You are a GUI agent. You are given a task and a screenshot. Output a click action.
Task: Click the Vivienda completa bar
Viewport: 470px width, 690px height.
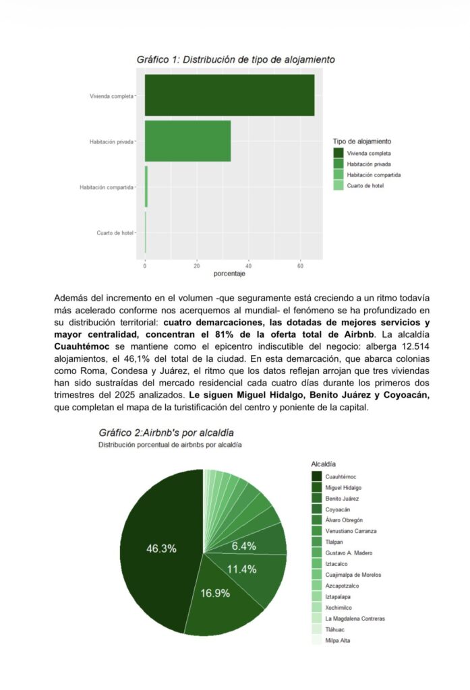229,95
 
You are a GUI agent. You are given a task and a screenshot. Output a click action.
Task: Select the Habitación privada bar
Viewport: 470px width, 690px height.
187,141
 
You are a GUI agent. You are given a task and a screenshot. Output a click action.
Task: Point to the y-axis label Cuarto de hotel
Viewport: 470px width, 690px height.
115,232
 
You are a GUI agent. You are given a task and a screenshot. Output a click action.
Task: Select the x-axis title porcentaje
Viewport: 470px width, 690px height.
229,274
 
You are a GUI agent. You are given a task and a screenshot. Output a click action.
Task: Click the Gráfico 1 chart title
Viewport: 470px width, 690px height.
235,59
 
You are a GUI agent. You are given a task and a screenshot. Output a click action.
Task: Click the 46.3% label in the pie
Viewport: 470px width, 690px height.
161,548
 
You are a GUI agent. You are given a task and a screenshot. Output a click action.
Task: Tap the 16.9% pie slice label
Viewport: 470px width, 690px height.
215,593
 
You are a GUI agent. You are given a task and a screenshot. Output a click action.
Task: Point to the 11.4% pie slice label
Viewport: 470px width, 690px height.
241,569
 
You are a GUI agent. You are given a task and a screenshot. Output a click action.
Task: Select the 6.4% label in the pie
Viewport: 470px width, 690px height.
243,546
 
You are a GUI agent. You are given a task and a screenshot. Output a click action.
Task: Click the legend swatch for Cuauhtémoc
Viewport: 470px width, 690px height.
317,477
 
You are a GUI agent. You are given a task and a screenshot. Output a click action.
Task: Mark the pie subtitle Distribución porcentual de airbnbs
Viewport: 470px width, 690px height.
170,445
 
